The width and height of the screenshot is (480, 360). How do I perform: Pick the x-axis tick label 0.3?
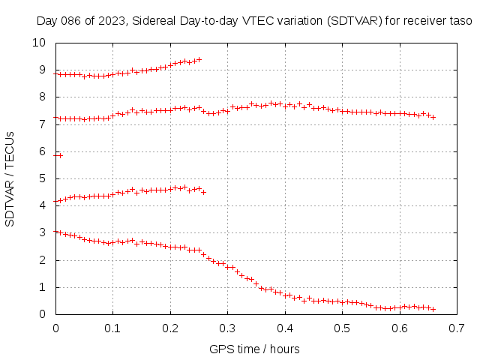point(227,328)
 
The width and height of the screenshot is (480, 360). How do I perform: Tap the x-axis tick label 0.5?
point(342,328)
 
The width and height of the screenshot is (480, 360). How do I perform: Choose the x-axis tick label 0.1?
point(112,328)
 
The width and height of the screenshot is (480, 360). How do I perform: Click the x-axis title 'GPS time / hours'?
point(254,349)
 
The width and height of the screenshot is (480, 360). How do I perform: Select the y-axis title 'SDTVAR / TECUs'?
point(10,178)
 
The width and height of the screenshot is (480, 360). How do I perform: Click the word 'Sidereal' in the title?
point(157,22)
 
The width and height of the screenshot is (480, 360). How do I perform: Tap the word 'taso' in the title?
point(460,22)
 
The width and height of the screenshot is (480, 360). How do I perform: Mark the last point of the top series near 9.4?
point(199,59)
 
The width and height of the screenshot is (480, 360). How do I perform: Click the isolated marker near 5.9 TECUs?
point(60,155)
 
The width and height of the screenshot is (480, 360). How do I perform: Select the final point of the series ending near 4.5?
point(203,193)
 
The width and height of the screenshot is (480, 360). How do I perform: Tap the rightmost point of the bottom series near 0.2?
point(433,309)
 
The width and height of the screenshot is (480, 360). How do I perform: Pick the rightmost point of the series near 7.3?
point(433,117)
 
